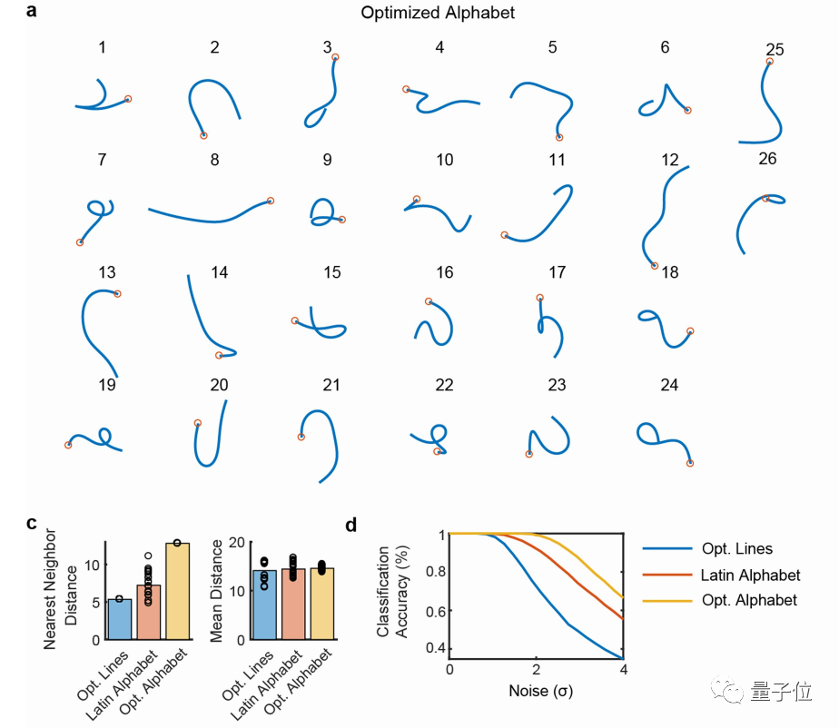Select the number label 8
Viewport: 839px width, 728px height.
214,160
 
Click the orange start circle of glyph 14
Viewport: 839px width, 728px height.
219,355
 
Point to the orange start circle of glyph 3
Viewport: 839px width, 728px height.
335,58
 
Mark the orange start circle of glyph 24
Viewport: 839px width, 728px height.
689,464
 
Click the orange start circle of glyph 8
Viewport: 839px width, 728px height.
271,201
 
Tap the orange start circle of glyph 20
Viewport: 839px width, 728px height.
198,422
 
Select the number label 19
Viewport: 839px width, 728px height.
106,385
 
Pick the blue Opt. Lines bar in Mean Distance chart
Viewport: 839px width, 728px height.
263,605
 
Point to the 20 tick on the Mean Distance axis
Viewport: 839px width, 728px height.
238,543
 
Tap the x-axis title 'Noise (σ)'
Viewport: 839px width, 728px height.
537,691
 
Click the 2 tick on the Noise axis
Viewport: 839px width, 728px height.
537,669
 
